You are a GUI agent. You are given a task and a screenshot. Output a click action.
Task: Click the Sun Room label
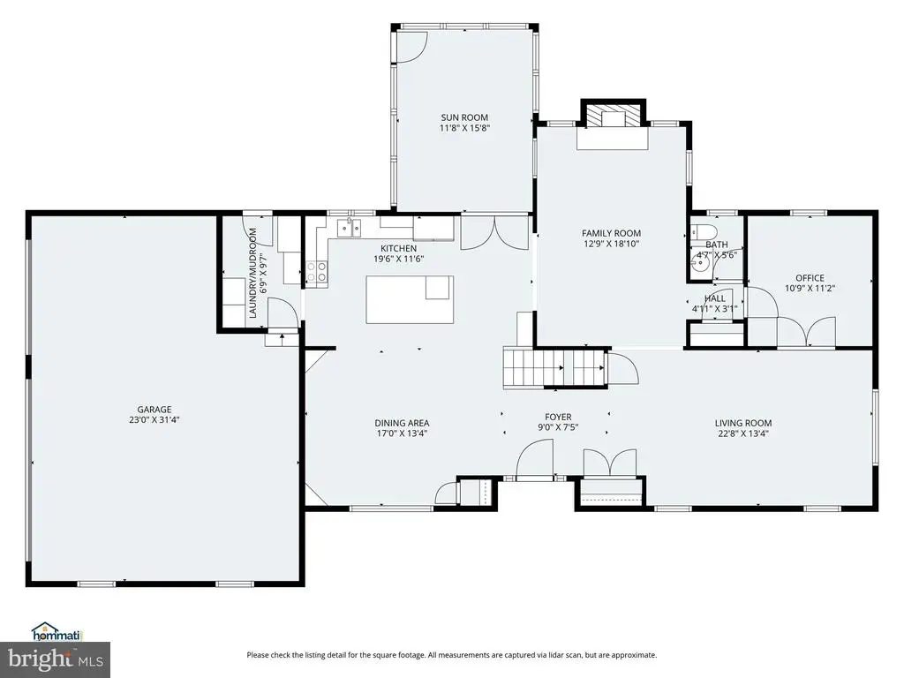(x=464, y=117)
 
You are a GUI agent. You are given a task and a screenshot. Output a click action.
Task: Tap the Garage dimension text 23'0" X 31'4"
(x=154, y=420)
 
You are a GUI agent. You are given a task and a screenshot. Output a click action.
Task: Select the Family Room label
(x=611, y=233)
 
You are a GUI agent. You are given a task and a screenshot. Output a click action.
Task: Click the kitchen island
(x=410, y=299)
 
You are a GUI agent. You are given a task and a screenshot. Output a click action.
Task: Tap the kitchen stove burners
(x=317, y=272)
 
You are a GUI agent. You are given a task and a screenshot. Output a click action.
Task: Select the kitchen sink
(x=350, y=229)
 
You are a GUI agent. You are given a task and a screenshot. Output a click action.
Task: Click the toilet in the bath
(x=703, y=232)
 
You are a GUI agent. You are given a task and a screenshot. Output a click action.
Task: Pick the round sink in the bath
(x=699, y=265)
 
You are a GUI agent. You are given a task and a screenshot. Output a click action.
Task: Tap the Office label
(x=810, y=278)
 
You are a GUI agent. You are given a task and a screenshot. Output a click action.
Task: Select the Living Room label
(x=743, y=423)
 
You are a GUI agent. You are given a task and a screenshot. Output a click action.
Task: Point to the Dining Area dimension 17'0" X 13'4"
(x=402, y=433)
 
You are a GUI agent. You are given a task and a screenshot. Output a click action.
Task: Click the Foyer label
(x=558, y=417)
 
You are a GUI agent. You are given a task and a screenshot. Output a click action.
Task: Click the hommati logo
(x=57, y=632)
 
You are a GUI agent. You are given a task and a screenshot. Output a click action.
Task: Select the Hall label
(x=715, y=298)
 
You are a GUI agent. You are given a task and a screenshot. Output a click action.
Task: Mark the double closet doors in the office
(x=806, y=332)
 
